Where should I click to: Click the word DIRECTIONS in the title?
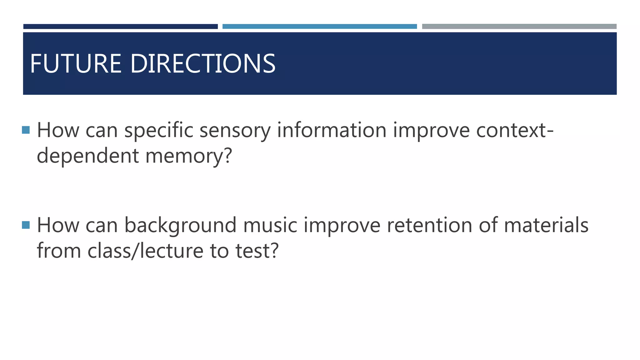point(202,64)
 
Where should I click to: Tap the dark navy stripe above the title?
point(120,27)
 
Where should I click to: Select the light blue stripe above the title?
point(319,27)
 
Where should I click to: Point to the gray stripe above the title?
point(519,27)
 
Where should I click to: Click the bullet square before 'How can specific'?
point(26,130)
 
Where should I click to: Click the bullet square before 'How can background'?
point(26,225)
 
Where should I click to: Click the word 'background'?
point(180,226)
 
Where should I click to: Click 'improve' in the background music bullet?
point(342,226)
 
